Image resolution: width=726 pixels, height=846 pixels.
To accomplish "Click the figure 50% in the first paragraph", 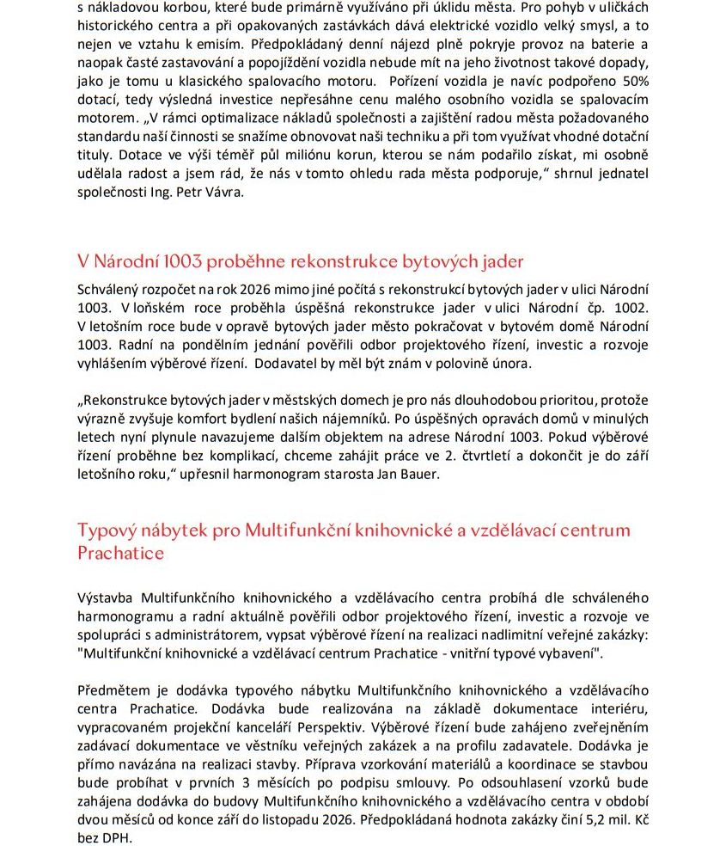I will pyautogui.click(x=633, y=81).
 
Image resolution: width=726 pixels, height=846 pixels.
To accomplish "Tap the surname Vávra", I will pyautogui.click(x=223, y=192).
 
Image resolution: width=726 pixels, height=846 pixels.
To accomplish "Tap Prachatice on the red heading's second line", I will pyautogui.click(x=120, y=553).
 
